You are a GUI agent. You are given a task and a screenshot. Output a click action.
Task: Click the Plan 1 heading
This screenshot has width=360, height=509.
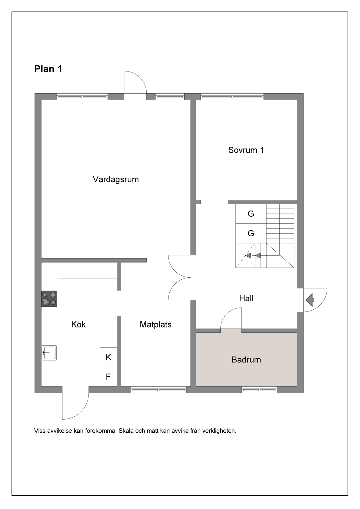click(x=48, y=69)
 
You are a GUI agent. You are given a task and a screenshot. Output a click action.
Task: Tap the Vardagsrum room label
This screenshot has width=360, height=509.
click(x=116, y=179)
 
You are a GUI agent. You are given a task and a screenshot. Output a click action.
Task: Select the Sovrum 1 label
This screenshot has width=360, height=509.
click(x=246, y=150)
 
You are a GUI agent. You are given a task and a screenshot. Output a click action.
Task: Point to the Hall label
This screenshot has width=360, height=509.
click(x=246, y=298)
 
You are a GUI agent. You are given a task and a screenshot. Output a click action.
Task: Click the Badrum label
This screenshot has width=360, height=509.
click(x=246, y=360)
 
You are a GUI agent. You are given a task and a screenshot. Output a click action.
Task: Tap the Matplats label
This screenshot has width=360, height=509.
click(x=156, y=324)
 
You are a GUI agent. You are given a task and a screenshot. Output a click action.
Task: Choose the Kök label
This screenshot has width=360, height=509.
click(x=78, y=324)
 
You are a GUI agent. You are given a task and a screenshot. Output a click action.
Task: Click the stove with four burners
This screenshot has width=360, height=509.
click(x=49, y=299)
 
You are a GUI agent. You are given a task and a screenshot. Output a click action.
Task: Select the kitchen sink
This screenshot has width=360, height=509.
click(x=49, y=353)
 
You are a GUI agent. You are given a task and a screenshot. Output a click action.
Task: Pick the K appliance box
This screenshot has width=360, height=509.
click(x=108, y=357)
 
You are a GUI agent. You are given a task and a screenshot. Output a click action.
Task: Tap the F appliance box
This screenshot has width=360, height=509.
click(x=108, y=377)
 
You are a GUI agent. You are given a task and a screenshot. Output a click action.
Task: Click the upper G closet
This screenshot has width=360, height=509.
click(x=251, y=214)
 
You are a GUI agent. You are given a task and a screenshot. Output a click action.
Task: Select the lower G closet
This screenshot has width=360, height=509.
click(x=251, y=233)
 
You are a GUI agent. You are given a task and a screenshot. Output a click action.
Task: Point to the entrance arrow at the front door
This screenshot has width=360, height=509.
click(x=310, y=300)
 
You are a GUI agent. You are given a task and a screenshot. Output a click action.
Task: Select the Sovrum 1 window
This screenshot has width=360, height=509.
click(x=232, y=97)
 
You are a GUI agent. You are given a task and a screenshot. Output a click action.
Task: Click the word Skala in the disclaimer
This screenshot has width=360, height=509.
click(x=126, y=431)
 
